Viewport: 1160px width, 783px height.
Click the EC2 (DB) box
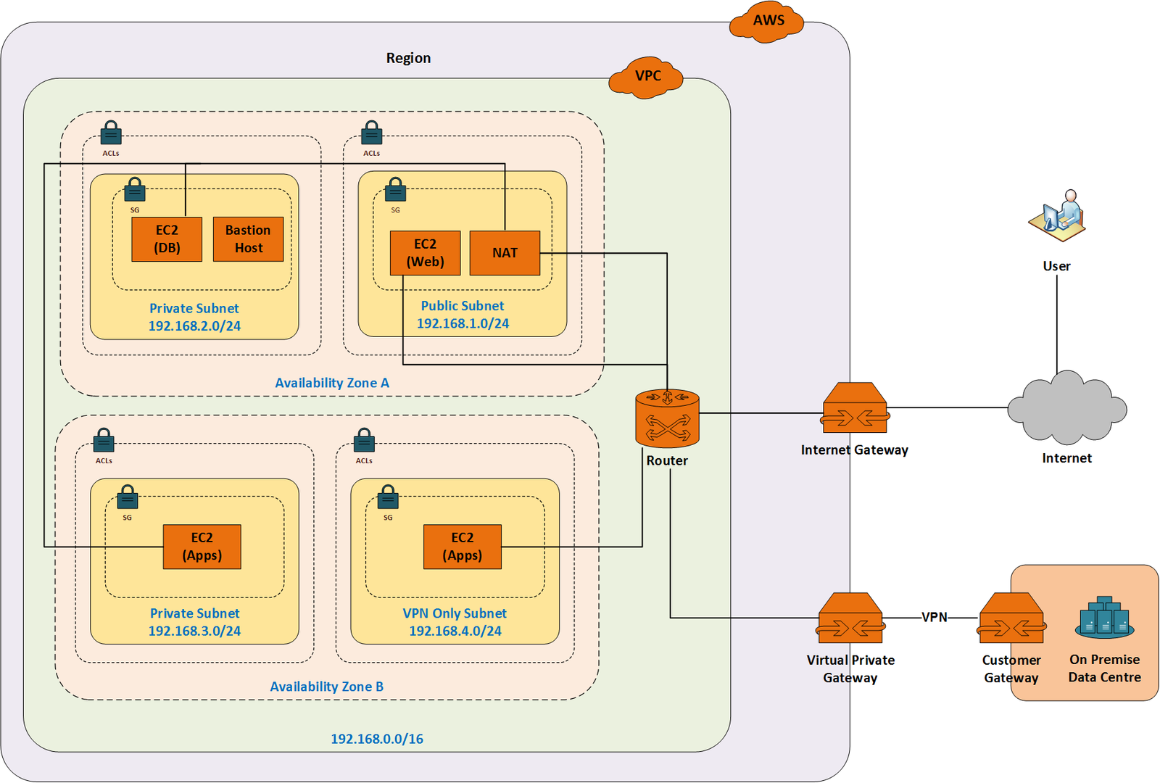pyautogui.click(x=167, y=239)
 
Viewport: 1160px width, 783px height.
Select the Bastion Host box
pyautogui.click(x=248, y=239)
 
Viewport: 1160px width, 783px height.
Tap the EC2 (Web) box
pyautogui.click(x=425, y=253)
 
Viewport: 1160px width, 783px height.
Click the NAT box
pyautogui.click(x=505, y=253)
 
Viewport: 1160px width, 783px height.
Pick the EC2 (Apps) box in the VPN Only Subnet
pyautogui.click(x=462, y=547)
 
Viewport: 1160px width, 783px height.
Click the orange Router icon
pyautogui.click(x=667, y=418)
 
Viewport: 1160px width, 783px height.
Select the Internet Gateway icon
pyautogui.click(x=855, y=408)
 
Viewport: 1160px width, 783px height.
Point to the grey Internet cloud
pyautogui.click(x=1066, y=408)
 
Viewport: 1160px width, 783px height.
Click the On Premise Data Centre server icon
pyautogui.click(x=1104, y=618)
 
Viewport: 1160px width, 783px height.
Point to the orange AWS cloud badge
pyautogui.click(x=767, y=21)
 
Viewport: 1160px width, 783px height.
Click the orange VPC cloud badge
pyautogui.click(x=647, y=76)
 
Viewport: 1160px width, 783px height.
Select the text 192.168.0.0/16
pyautogui.click(x=377, y=739)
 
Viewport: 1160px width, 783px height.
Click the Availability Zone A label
pyautogui.click(x=332, y=383)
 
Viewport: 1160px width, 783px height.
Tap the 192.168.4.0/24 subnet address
pyautogui.click(x=455, y=631)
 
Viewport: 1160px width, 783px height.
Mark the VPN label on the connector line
pyautogui.click(x=934, y=617)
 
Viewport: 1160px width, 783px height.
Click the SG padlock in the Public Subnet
pyautogui.click(x=395, y=190)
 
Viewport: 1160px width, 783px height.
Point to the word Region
pyautogui.click(x=408, y=58)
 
